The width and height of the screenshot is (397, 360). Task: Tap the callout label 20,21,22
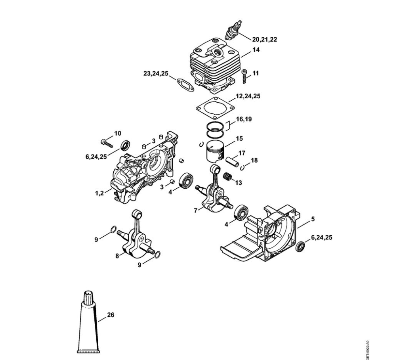[x=264, y=39]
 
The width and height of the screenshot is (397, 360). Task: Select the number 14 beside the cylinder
[x=256, y=50]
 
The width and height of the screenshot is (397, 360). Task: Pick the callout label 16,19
[x=244, y=119]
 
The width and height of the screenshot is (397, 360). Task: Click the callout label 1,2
[x=99, y=193]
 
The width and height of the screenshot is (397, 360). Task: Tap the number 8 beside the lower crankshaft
[x=117, y=256]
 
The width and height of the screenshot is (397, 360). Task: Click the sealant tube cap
[x=88, y=297]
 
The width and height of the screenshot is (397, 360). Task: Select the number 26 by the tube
[x=111, y=315]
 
